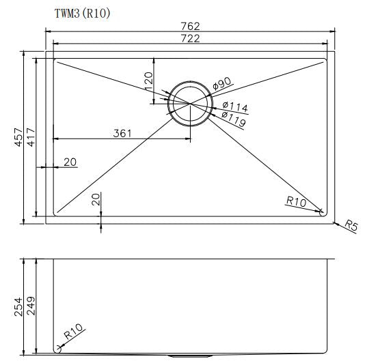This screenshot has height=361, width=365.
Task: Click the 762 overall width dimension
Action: coord(191,26)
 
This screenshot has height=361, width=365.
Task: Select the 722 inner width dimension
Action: coord(191,39)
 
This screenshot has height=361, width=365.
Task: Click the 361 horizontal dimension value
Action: coord(122,134)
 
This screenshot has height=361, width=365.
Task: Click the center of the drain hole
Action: coord(190,103)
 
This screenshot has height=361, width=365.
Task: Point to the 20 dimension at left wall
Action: coord(69,162)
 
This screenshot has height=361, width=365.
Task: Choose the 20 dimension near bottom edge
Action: coord(96,199)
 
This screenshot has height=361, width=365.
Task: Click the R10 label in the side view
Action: coord(73,334)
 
